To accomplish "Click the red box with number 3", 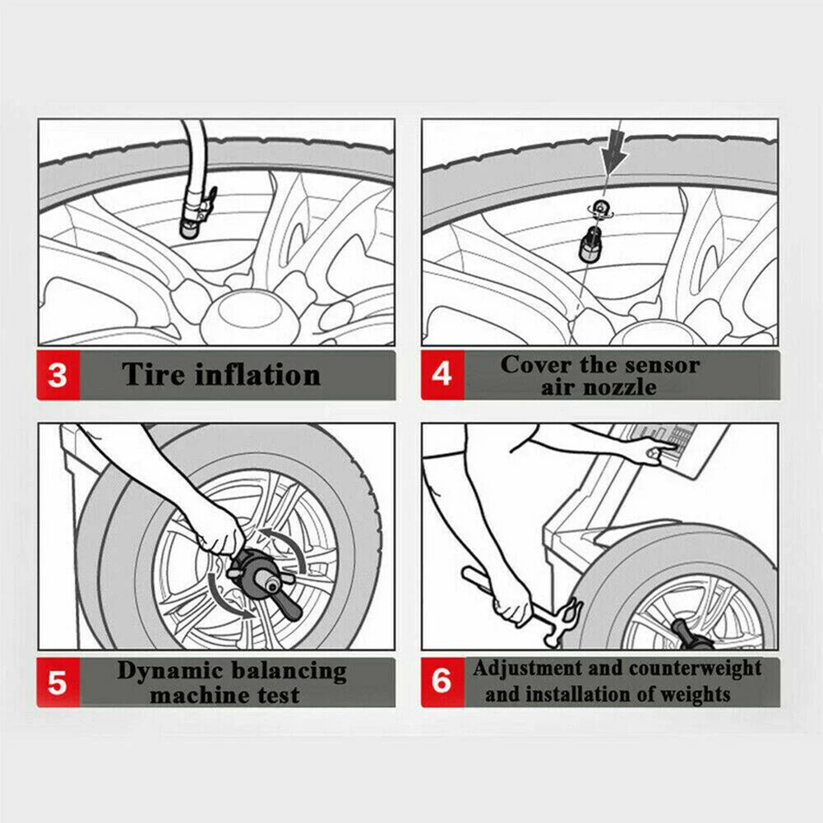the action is pyautogui.click(x=58, y=375).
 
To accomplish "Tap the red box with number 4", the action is pyautogui.click(x=442, y=375).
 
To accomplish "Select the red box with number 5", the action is pyautogui.click(x=58, y=682).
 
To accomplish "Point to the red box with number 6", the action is pyautogui.click(x=442, y=682).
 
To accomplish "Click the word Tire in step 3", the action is pyautogui.click(x=153, y=375).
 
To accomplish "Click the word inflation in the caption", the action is pyautogui.click(x=257, y=375).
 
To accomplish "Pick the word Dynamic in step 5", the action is pyautogui.click(x=169, y=672).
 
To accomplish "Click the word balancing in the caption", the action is pyautogui.click(x=289, y=673).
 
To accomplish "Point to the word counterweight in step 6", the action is pyautogui.click(x=695, y=668).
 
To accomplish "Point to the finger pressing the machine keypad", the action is pyautogui.click(x=665, y=446).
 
